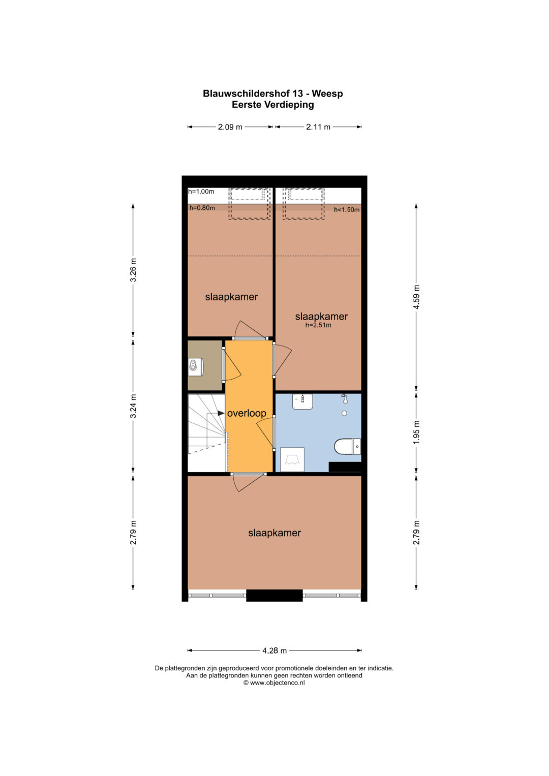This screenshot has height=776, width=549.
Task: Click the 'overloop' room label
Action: click(x=247, y=413)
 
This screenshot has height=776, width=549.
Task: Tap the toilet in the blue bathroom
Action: click(x=347, y=447)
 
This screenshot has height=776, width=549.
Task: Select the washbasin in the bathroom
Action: click(x=302, y=401)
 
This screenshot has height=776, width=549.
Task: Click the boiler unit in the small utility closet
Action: click(x=196, y=366)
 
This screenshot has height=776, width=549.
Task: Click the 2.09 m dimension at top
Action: click(x=230, y=127)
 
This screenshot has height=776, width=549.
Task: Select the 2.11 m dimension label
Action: click(x=318, y=127)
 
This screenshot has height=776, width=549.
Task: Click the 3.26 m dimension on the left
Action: click(x=133, y=270)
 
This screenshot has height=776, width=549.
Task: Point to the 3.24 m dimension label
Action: click(x=133, y=406)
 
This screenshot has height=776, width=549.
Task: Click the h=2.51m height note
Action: click(x=318, y=325)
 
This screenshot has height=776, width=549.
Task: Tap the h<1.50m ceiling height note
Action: click(x=347, y=209)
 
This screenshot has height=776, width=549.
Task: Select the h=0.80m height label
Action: click(x=202, y=208)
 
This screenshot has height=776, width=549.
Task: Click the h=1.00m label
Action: click(x=201, y=191)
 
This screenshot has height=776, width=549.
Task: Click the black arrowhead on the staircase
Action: click(x=221, y=413)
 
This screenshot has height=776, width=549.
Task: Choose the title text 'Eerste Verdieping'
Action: click(x=273, y=105)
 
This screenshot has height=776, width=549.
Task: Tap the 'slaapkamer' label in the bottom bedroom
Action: click(x=274, y=533)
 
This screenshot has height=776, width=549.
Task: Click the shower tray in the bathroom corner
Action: click(x=292, y=459)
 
